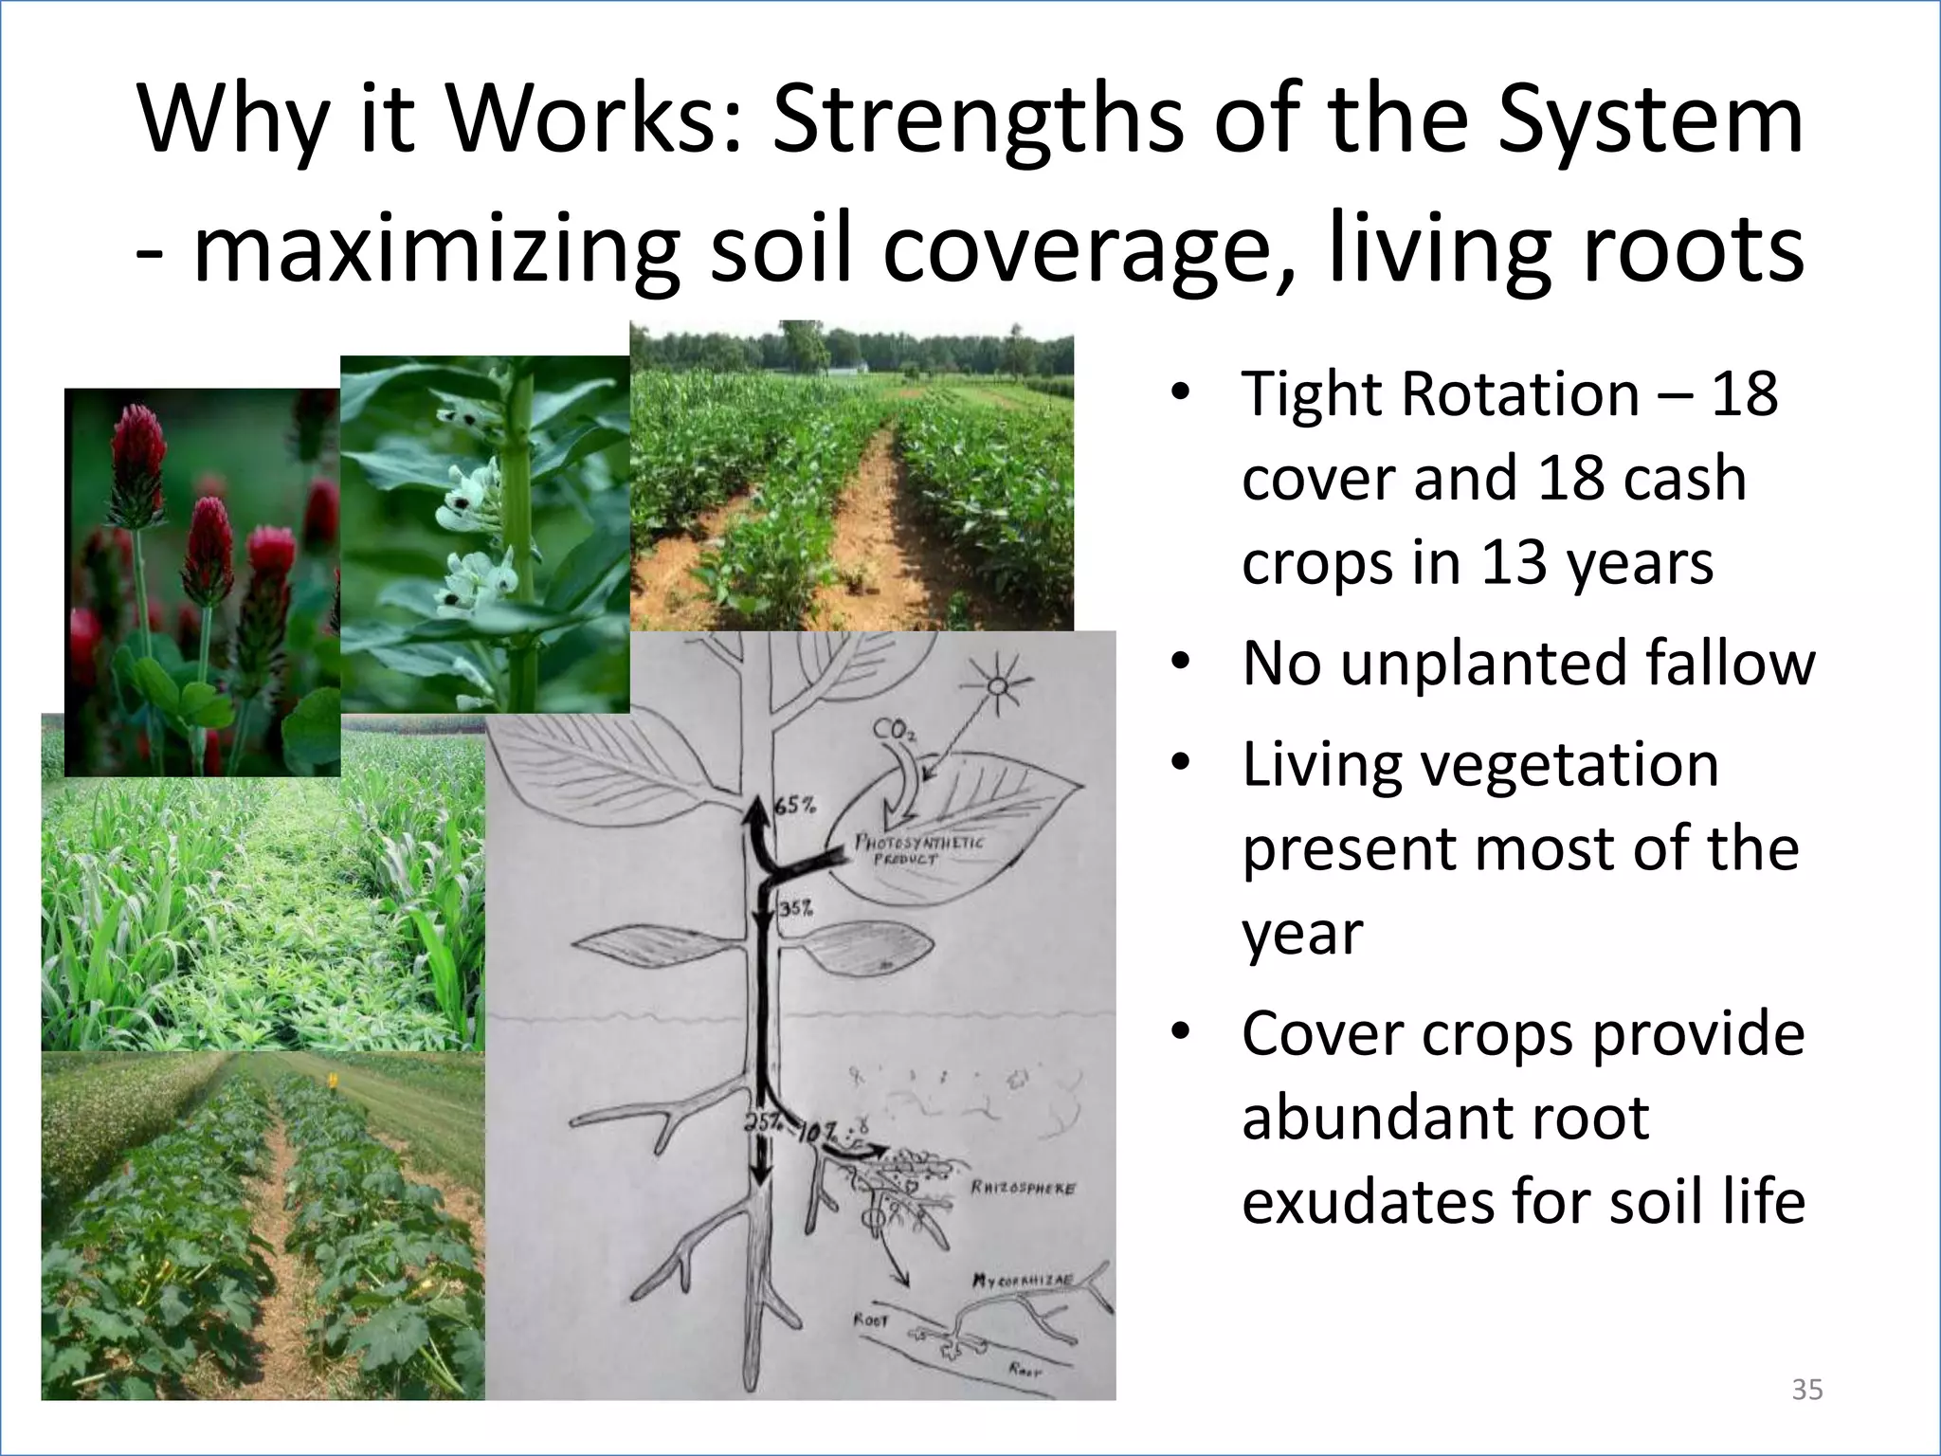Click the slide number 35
click(1807, 1390)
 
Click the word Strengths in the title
click(977, 121)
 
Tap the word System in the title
click(1650, 121)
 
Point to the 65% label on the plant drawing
click(795, 807)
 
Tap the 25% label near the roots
click(759, 1121)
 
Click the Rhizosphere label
click(1023, 1189)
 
